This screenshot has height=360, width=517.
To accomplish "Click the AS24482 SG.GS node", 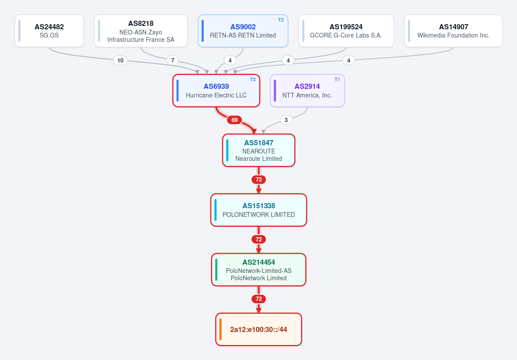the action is pos(49,31).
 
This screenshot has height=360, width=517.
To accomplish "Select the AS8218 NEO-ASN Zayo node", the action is pos(141,31).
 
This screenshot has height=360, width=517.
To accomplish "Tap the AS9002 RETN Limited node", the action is pos(243,31).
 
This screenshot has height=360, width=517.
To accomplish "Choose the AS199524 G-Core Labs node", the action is pos(346,31).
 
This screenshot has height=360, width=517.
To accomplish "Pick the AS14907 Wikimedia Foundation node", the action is pos(453,31).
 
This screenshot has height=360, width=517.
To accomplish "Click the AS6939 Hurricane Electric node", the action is pos(216,91).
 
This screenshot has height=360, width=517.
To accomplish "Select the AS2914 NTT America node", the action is pos(307,91).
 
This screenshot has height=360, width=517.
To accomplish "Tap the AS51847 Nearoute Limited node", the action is pos(259,150).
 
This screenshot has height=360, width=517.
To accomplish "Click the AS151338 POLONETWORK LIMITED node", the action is pos(259,210).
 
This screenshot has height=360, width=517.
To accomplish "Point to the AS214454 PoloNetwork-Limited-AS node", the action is pos(259,269).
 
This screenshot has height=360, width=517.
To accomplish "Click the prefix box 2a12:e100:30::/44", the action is pos(259,329).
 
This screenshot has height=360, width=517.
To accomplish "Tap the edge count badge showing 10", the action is pos(120,60).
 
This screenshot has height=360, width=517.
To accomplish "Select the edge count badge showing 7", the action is pos(172,60).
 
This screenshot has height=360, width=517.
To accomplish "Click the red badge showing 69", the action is pos(235,120).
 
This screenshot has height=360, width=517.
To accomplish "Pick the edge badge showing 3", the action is pos(286,120).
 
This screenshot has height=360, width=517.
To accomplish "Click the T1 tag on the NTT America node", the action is pos(337,79).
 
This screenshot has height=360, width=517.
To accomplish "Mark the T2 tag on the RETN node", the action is pos(281,20).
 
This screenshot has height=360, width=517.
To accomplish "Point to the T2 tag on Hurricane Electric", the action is pos(253,79).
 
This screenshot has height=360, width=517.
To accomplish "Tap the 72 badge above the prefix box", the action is pos(259,299).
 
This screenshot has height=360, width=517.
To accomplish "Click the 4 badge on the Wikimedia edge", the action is pos(348,60).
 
